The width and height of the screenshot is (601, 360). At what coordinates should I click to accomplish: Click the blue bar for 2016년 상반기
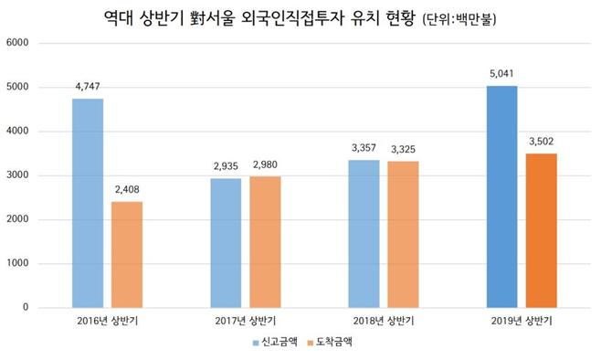[x=88, y=203]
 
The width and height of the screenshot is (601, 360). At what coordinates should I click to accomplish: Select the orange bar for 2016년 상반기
[x=127, y=254]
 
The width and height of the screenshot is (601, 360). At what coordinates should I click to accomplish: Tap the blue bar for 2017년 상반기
[x=226, y=242]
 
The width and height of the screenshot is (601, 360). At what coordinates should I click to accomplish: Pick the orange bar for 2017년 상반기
[x=265, y=241]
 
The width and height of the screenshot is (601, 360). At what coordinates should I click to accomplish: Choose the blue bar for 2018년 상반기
[x=364, y=233]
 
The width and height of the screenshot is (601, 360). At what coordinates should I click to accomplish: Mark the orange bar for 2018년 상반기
[x=403, y=234]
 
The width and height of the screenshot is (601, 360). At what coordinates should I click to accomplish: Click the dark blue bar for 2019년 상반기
[x=501, y=196]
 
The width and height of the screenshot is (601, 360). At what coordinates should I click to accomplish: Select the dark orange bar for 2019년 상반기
[x=541, y=230]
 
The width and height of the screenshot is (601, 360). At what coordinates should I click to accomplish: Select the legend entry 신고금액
[x=276, y=344]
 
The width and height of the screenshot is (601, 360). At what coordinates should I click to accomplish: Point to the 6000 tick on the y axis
[x=18, y=43]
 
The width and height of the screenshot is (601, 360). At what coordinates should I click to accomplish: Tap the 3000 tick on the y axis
[x=18, y=175]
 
